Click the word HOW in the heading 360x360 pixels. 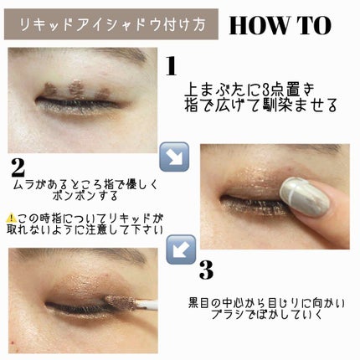(259, 25)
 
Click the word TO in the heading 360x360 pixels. (313, 25)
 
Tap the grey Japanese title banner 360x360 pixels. (111, 24)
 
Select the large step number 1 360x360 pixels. (171, 66)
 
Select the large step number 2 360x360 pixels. (18, 168)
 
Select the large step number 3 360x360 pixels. (207, 270)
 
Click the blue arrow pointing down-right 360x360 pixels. (174, 157)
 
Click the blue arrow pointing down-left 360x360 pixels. (181, 249)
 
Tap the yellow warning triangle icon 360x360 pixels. (11, 218)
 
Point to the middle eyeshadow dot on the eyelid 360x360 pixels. (76, 89)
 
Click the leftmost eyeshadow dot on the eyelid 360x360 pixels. (51, 90)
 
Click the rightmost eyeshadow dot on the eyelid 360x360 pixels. (103, 94)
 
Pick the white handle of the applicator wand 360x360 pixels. (147, 303)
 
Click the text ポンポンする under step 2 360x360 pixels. (85, 196)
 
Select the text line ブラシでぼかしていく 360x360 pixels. (267, 315)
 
